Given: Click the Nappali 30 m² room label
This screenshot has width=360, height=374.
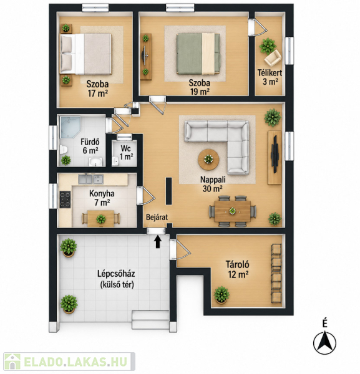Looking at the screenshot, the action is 213,184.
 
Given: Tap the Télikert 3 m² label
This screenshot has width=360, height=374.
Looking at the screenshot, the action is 270,77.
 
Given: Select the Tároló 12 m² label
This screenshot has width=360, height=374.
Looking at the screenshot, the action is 238,269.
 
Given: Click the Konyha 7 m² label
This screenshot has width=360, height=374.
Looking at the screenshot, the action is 102,198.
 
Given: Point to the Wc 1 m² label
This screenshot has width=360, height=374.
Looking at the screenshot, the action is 126,153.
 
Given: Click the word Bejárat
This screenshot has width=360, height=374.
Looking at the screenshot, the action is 157,218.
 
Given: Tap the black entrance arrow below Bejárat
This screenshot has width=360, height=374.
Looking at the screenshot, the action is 158,242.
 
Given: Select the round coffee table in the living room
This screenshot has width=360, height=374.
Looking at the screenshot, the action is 208,160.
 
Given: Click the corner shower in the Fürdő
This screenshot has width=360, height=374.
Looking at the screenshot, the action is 70,127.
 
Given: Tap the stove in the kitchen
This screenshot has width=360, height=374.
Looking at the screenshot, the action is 65,199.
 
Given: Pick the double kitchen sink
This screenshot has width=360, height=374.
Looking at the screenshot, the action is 91,179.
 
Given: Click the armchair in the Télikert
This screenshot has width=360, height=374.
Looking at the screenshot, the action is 273,58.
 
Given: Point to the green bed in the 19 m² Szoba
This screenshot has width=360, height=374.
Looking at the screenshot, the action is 198,54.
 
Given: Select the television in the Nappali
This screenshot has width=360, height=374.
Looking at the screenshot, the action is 275,154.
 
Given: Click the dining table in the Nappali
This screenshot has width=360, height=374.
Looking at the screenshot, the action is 233,211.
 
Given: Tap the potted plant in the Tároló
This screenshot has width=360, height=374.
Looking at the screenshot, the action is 221,295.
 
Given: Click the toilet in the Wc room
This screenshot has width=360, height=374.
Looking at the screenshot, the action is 115,160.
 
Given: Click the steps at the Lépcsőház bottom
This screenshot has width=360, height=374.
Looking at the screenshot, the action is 150,320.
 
